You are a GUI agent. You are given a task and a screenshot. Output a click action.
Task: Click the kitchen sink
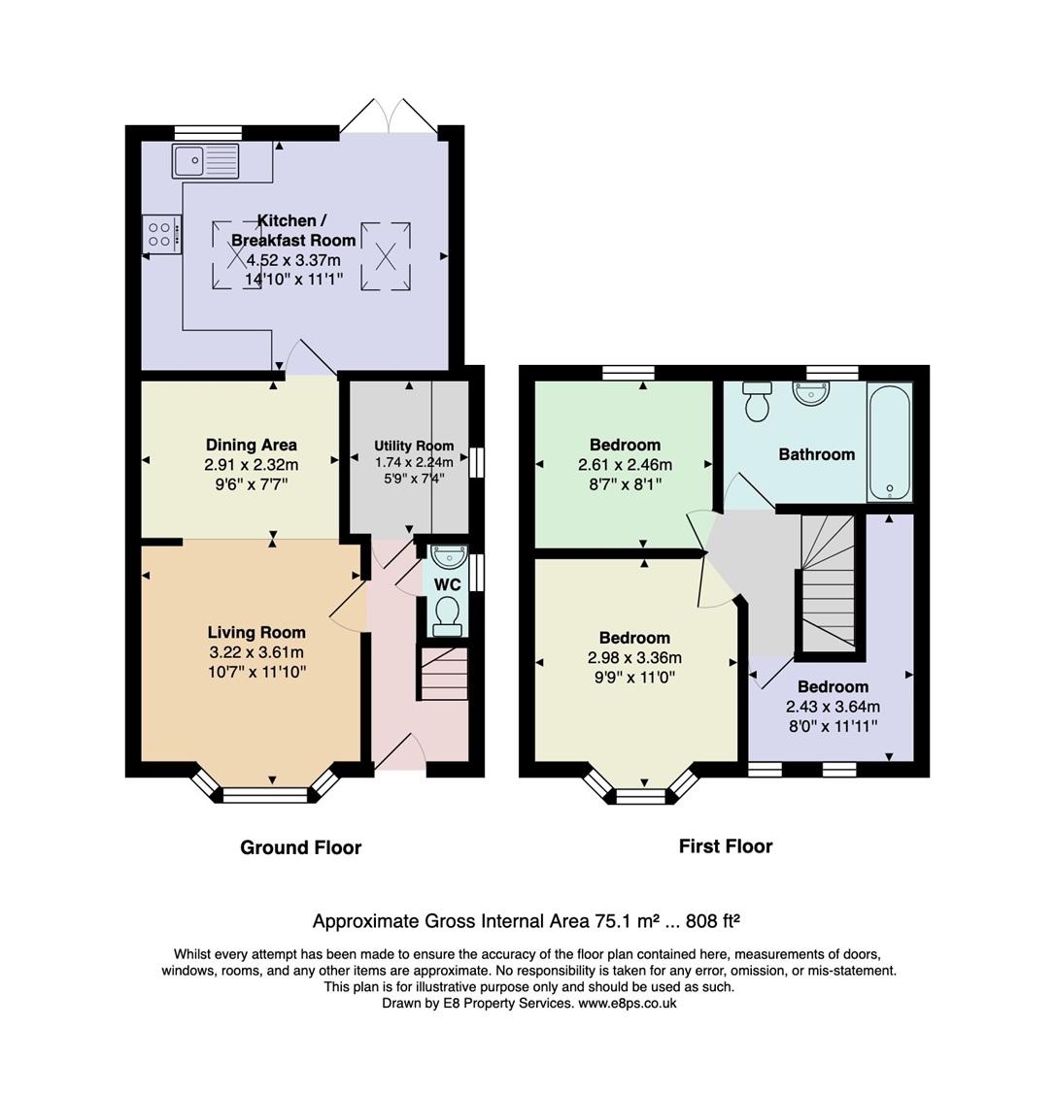(x=205, y=161)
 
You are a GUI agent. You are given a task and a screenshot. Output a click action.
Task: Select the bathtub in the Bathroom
(x=890, y=442)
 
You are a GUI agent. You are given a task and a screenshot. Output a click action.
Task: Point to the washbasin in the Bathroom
(x=811, y=392)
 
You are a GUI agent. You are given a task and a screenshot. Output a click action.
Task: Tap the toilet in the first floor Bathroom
(x=757, y=401)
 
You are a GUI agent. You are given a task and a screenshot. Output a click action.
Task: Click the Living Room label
(x=256, y=633)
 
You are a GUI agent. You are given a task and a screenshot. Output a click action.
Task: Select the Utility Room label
(x=414, y=446)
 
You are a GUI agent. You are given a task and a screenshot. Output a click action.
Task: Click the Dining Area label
(x=252, y=446)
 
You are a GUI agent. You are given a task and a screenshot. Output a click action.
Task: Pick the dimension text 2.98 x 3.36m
(x=634, y=657)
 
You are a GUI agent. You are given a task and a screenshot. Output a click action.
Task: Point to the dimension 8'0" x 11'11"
(x=833, y=726)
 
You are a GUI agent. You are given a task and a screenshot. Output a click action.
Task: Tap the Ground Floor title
(x=301, y=847)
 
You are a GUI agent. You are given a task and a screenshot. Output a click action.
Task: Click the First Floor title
(x=726, y=846)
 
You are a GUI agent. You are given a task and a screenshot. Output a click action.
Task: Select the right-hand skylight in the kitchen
(x=386, y=256)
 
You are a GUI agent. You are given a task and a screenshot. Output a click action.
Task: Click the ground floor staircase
(x=443, y=673)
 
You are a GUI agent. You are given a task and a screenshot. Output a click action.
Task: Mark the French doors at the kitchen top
(x=390, y=116)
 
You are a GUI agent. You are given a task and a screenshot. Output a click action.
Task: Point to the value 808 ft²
(x=712, y=921)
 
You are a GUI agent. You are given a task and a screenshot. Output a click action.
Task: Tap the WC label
(x=448, y=584)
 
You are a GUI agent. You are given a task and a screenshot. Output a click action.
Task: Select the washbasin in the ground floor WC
(x=449, y=557)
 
